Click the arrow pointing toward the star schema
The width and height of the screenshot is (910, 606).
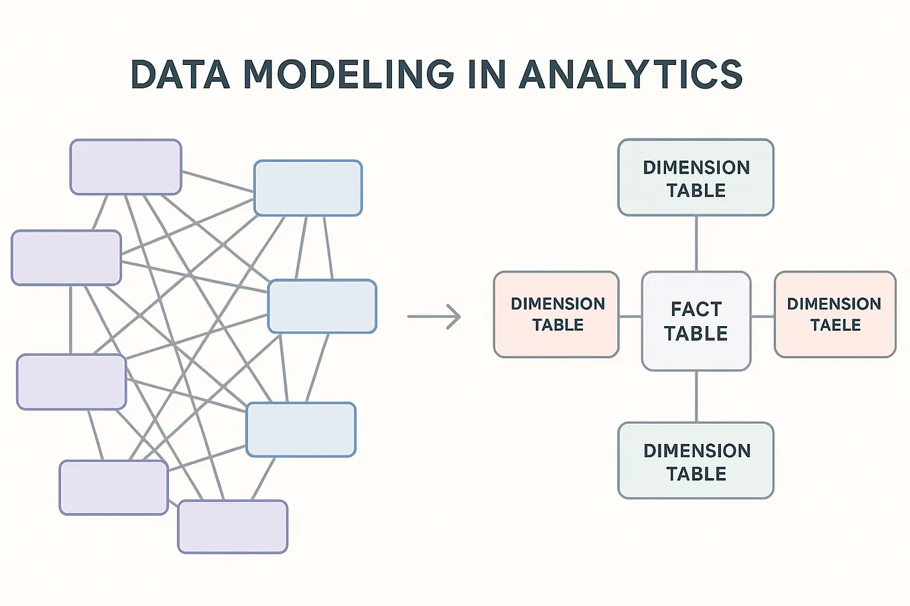pyautogui.click(x=434, y=317)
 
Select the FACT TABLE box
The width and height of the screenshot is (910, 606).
pyautogui.click(x=696, y=321)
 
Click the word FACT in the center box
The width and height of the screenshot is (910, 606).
pyautogui.click(x=696, y=309)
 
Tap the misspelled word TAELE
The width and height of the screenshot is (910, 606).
pyautogui.click(x=835, y=325)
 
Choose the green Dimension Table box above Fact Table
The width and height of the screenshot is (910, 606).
pyautogui.click(x=696, y=177)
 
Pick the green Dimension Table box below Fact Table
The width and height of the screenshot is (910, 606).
pyautogui.click(x=696, y=461)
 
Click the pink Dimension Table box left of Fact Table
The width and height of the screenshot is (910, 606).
pyautogui.click(x=556, y=314)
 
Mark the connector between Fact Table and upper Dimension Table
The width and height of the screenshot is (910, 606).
pyautogui.click(x=696, y=243)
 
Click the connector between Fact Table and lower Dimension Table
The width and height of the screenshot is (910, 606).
pyautogui.click(x=696, y=396)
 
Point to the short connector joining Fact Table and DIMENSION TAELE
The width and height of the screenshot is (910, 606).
pyautogui.click(x=763, y=317)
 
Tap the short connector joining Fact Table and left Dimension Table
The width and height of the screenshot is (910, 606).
pyautogui.click(x=630, y=317)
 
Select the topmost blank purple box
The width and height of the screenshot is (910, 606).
pyautogui.click(x=125, y=167)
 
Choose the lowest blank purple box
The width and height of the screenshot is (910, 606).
pyautogui.click(x=233, y=526)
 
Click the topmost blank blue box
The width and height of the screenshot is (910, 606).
pyautogui.click(x=308, y=188)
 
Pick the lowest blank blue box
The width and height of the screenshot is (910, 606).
pyautogui.click(x=301, y=430)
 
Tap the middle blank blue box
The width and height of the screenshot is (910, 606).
pyautogui.click(x=322, y=307)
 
